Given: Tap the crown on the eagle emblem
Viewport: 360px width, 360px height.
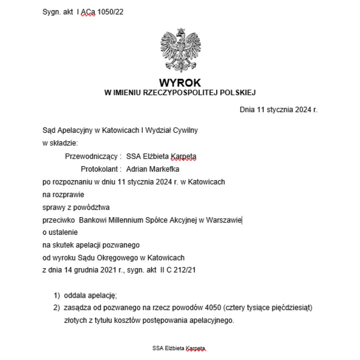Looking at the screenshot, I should coord(181,31).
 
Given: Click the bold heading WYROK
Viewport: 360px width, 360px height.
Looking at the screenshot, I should coord(180,82).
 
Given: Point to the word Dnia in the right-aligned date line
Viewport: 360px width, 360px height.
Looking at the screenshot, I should coord(247,110).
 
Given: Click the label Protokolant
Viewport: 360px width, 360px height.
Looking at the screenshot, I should coord(99,169).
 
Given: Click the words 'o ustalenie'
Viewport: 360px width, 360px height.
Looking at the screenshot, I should coord(60,232).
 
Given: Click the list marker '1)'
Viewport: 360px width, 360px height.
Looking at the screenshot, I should coord(57,295).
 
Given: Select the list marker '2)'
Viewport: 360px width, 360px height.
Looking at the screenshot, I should coord(57,308).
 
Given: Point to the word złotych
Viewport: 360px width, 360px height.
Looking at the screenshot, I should coord(74,321).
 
